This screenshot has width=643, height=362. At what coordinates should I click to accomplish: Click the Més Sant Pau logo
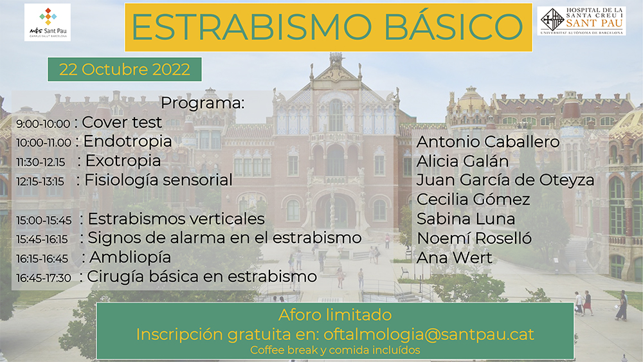[48, 22]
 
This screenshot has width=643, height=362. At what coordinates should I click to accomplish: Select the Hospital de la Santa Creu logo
[581, 21]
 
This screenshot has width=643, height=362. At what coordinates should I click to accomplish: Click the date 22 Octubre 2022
[125, 69]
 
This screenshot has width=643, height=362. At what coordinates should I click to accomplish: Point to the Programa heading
[203, 103]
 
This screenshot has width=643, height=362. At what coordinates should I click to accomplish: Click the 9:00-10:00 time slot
[43, 123]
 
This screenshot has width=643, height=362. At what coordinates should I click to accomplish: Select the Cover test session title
[122, 122]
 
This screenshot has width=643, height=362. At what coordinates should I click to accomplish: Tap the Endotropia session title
[127, 141]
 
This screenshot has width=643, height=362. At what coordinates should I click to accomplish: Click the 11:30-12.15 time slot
[41, 162]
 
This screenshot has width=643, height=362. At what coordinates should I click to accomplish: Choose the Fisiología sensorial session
[158, 180]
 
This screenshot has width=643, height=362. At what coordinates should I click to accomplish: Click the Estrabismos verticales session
[176, 219]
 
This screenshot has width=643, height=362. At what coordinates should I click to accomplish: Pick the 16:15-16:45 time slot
[42, 258]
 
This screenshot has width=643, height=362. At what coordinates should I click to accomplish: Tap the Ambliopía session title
[130, 257]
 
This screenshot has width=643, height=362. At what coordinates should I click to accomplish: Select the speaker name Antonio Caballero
[488, 142]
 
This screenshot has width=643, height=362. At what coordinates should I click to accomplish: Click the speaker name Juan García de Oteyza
[505, 180]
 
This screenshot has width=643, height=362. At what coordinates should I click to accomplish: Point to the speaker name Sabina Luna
[466, 219]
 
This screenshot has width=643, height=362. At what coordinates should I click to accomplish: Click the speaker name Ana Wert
[455, 258]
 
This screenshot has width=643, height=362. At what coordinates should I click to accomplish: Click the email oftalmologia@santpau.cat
[429, 334]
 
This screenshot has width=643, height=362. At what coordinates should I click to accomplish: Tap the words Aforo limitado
[335, 315]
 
